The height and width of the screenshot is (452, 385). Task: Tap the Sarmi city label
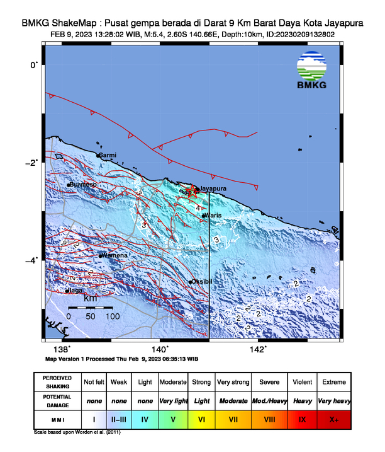click(108, 154)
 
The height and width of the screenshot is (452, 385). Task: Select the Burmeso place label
click(83, 185)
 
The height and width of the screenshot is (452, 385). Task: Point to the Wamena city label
click(115, 255)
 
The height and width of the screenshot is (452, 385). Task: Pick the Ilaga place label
click(75, 291)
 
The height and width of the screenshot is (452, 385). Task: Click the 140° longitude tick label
click(160, 349)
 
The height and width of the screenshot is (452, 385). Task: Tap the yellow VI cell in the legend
click(201, 417)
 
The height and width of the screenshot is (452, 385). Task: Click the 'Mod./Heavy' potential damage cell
click(269, 400)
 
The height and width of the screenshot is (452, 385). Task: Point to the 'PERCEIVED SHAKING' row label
click(58, 382)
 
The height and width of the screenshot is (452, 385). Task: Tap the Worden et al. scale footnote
click(77, 433)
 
